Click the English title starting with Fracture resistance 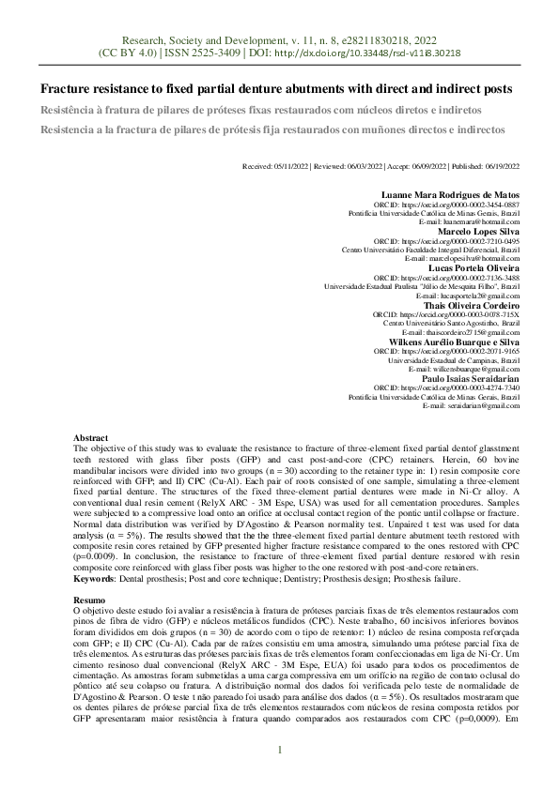[x=275, y=89]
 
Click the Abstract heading [x=91, y=438]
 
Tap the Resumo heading [x=89, y=571]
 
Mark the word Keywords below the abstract [x=96, y=554]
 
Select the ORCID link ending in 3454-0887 [x=460, y=204]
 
